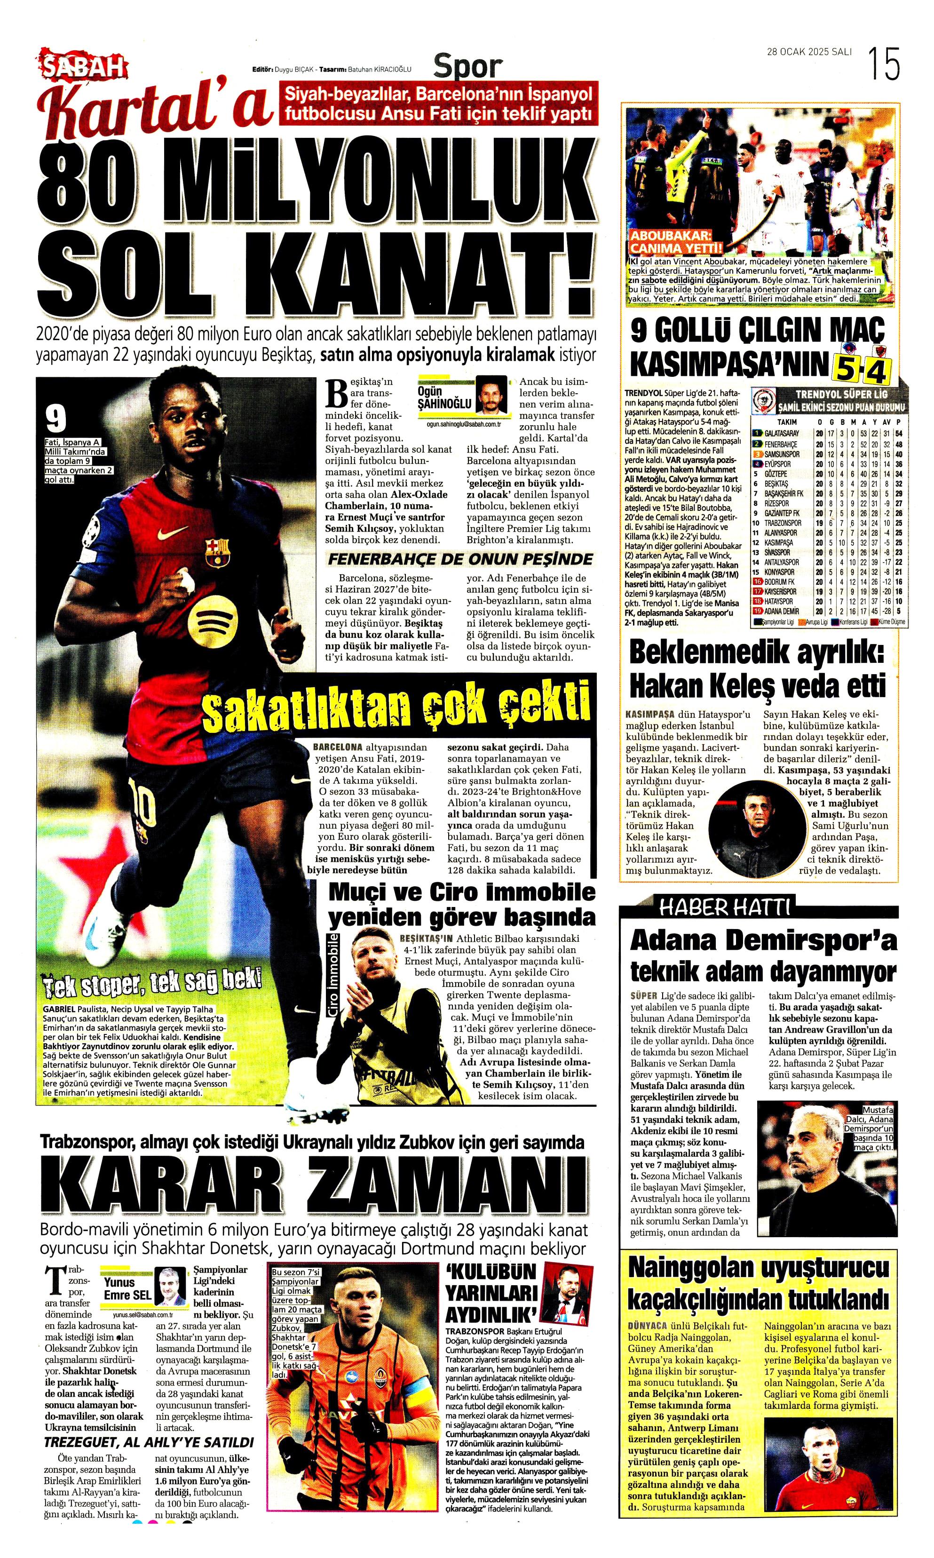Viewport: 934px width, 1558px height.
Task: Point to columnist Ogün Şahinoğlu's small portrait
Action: tap(491, 395)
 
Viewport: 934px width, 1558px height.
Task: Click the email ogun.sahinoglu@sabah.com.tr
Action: tap(464, 424)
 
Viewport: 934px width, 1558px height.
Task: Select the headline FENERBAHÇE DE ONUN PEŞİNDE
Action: tap(460, 559)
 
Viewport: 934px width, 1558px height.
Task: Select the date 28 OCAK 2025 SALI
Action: tap(809, 52)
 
